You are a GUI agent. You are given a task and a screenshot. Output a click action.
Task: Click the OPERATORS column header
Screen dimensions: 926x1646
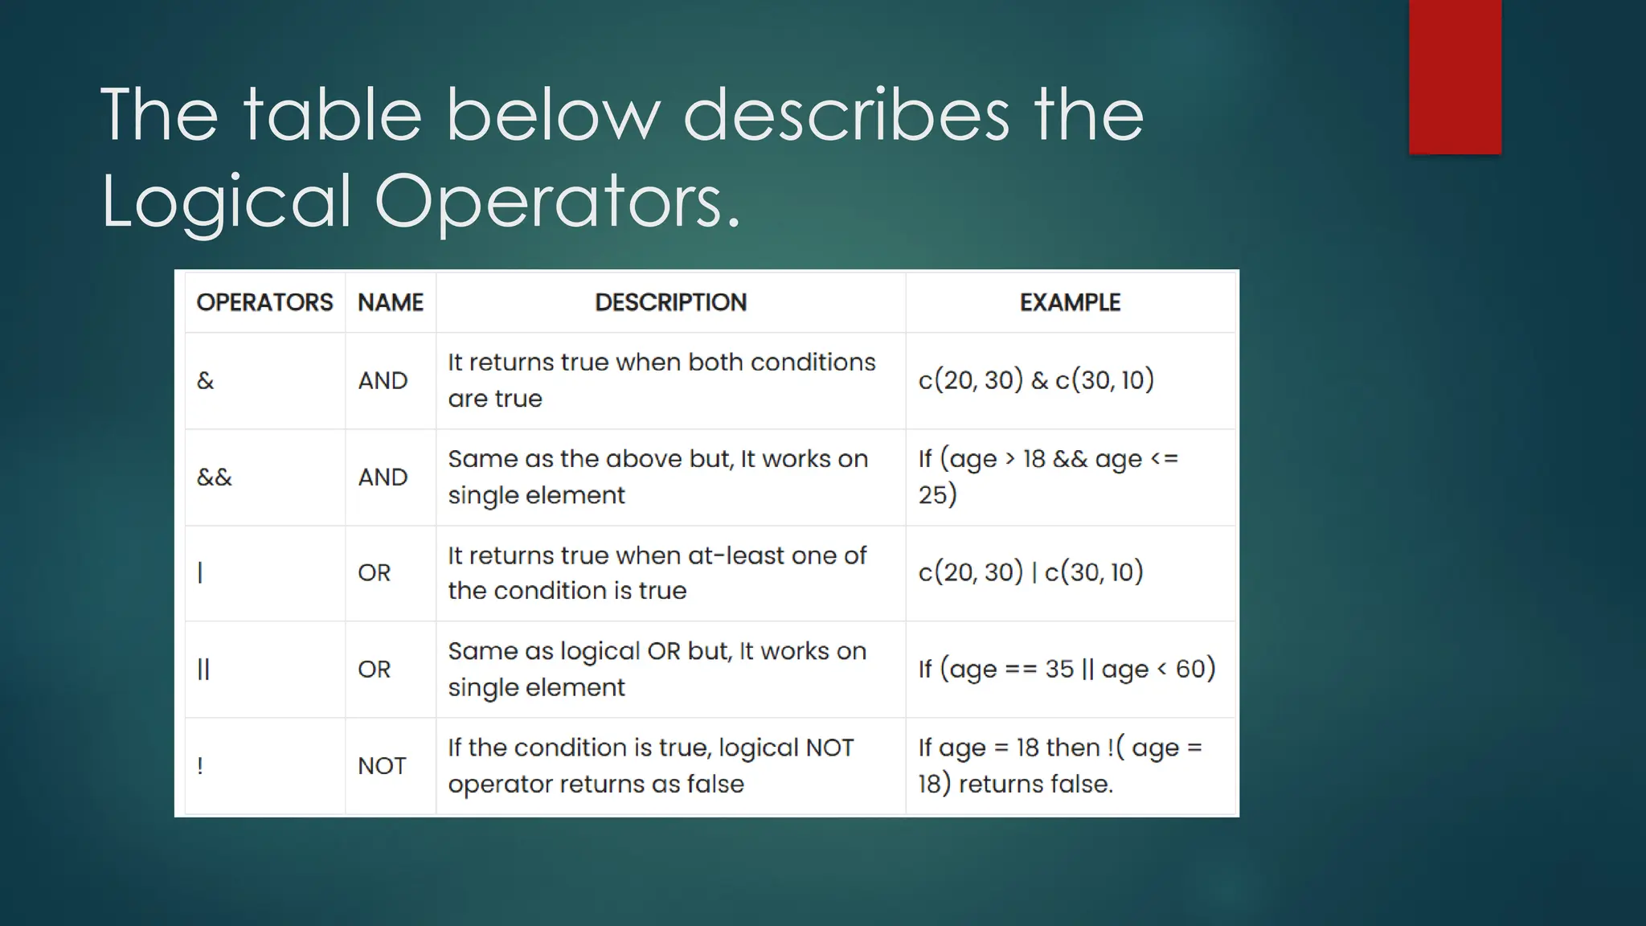tap(264, 302)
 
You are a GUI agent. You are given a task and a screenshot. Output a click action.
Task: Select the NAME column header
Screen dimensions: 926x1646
tap(391, 302)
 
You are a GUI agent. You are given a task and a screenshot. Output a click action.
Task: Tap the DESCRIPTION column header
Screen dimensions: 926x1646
tap(670, 302)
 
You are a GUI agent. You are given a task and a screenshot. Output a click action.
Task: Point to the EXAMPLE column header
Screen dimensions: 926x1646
tap(1070, 302)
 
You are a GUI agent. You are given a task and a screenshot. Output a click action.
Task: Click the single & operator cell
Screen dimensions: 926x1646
tap(206, 380)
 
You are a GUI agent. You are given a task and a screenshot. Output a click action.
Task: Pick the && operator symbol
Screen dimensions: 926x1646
tap(215, 477)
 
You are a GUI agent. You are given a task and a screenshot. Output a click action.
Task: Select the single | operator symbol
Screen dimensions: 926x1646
tap(200, 572)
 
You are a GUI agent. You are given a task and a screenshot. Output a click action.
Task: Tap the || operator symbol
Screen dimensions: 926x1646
tap(203, 669)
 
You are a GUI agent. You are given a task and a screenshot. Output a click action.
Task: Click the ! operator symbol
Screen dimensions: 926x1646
tap(200, 765)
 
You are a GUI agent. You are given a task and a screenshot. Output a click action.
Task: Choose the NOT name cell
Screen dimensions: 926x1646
tap(382, 765)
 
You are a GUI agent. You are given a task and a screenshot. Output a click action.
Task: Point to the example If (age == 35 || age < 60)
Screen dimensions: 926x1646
tap(1067, 669)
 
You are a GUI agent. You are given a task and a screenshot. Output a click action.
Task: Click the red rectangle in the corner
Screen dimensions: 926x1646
tap(1455, 76)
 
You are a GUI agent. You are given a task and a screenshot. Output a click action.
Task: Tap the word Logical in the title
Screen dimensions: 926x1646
tap(226, 201)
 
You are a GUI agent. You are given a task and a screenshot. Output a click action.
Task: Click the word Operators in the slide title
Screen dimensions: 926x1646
tap(556, 201)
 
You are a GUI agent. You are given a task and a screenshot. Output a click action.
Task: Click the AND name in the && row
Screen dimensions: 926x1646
tap(383, 477)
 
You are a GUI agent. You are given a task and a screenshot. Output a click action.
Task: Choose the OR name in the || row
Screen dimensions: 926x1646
tap(375, 669)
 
